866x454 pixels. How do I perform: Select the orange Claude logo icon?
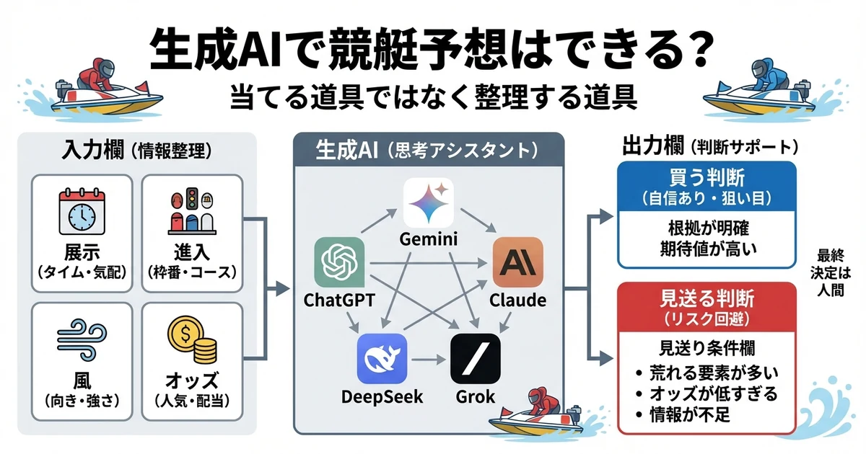517,262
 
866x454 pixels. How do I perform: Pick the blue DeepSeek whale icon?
382,358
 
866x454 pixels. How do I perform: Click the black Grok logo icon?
474,358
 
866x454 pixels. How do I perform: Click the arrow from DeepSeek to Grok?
429,358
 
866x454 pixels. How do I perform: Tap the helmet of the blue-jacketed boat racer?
758,69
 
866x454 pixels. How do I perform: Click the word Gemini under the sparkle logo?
428,239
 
